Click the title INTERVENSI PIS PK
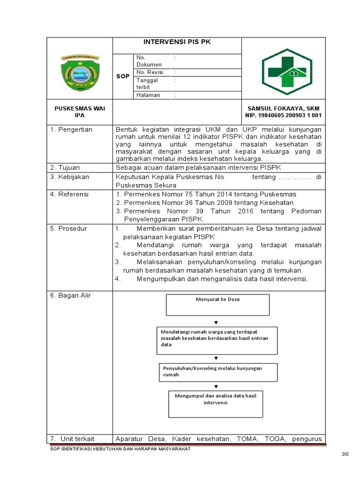(x=177, y=42)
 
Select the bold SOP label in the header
(x=123, y=76)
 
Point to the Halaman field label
(x=148, y=95)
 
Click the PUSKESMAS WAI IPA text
(x=80, y=112)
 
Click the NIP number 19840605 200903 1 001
(x=283, y=115)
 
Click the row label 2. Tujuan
(x=65, y=167)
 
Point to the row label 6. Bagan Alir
(x=71, y=295)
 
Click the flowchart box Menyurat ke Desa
(x=217, y=305)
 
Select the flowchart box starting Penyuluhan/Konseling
(x=217, y=372)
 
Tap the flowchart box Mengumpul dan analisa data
(x=215, y=404)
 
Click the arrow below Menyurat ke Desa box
(x=216, y=322)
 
